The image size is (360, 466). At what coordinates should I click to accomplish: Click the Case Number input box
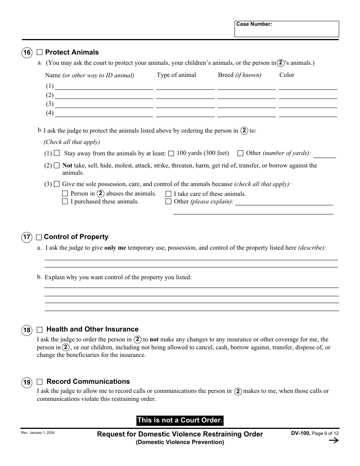pos(286,29)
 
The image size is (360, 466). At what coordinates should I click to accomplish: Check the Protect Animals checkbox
pos(39,52)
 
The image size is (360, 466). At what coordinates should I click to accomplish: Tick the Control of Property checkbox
pos(39,238)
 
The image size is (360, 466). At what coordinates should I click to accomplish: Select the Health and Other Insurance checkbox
pos(39,330)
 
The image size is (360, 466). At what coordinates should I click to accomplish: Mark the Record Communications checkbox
pos(39,382)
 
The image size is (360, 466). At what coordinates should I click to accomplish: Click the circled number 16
pos(27,53)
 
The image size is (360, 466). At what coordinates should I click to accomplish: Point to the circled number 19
pos(27,382)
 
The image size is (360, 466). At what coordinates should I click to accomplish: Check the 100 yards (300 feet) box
pos(171,153)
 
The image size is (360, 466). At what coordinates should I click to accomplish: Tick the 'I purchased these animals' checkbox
pos(65,202)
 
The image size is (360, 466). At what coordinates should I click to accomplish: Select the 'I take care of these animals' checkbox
pos(169,194)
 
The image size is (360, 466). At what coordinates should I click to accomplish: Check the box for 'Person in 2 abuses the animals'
pos(65,194)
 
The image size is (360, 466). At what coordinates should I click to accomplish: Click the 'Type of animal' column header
pos(176,75)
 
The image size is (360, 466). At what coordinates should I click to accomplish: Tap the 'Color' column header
pos(287,75)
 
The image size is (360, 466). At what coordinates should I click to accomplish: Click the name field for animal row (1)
pos(104,86)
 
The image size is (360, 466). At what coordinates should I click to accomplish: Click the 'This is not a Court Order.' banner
pos(180,420)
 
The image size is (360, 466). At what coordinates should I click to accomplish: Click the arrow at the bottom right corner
pos(333,440)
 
